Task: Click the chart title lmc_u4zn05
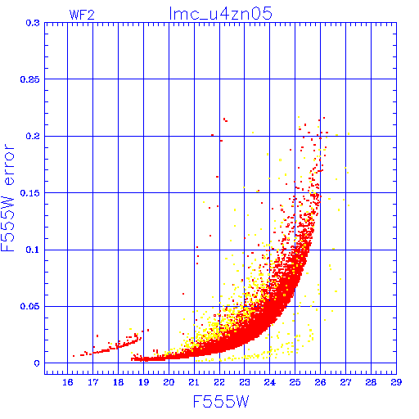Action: click(221, 13)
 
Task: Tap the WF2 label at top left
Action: click(82, 15)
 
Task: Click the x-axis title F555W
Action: click(221, 401)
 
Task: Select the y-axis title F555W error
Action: click(8, 197)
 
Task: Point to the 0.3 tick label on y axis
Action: click(33, 23)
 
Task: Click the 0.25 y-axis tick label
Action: click(30, 79)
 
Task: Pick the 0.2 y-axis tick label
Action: click(33, 136)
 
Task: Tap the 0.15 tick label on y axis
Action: click(30, 193)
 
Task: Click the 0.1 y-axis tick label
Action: click(33, 250)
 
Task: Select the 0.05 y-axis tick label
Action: click(30, 306)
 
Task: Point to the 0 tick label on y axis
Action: click(37, 363)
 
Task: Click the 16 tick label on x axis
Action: click(68, 382)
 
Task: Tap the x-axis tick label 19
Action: click(143, 382)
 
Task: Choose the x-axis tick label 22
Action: click(219, 382)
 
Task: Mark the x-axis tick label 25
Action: click(295, 382)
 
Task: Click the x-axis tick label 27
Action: click(345, 382)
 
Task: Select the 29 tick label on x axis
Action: click(396, 382)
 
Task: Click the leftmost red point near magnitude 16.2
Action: click(74, 356)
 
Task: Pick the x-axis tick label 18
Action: click(118, 382)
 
